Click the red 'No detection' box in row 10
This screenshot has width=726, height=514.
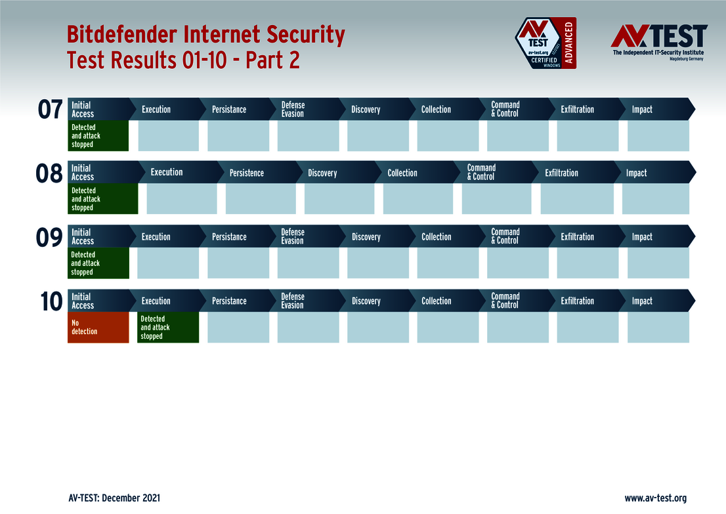point(98,327)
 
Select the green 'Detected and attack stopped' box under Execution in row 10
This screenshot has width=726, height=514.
point(167,327)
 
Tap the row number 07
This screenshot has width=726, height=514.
point(50,110)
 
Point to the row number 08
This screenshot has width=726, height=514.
point(50,173)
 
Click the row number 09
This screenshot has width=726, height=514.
point(50,237)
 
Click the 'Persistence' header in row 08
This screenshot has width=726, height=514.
point(247,173)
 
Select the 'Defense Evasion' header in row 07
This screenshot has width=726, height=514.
point(293,110)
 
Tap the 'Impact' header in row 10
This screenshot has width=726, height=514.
point(642,301)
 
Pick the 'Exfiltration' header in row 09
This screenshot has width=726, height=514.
point(577,237)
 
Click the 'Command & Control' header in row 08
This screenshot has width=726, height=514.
point(482,173)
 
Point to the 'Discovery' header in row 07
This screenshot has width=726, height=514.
point(366,110)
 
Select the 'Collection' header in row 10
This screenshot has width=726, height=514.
point(437,301)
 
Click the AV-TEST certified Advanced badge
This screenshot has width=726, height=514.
point(545,43)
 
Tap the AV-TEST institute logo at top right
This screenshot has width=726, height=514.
point(658,41)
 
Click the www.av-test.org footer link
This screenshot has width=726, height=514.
point(655,498)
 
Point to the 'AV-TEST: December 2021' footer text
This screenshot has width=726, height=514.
point(114,498)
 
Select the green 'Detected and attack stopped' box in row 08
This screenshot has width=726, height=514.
point(102,199)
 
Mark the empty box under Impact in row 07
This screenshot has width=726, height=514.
point(658,136)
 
